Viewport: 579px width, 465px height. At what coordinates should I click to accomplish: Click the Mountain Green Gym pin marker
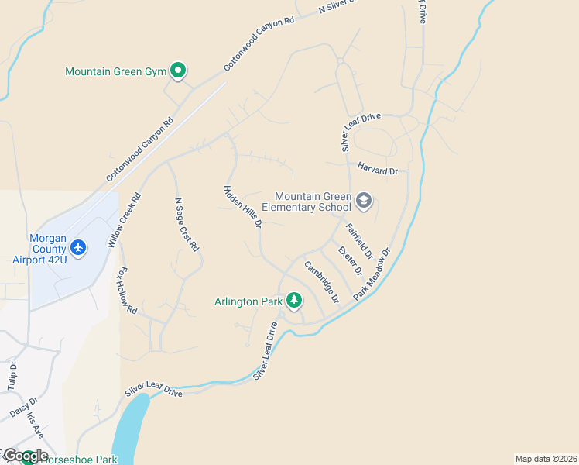pyautogui.click(x=177, y=71)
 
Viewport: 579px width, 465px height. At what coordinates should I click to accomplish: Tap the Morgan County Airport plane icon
pyautogui.click(x=77, y=247)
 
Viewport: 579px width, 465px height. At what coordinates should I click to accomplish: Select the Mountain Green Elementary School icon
pyautogui.click(x=364, y=202)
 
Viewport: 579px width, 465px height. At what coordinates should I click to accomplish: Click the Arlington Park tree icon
pyautogui.click(x=293, y=299)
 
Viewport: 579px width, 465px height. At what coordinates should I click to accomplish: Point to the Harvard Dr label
pyautogui.click(x=377, y=169)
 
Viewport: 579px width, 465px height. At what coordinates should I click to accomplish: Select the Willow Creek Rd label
pyautogui.click(x=125, y=220)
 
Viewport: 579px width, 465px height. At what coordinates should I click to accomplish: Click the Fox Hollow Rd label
pyautogui.click(x=126, y=292)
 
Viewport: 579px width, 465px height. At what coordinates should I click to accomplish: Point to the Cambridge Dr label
pyautogui.click(x=322, y=282)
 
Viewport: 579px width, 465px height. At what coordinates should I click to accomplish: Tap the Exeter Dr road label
pyautogui.click(x=350, y=261)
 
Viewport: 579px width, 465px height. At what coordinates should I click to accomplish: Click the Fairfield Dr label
pyautogui.click(x=360, y=241)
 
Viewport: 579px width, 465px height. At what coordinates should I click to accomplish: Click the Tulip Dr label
pyautogui.click(x=12, y=377)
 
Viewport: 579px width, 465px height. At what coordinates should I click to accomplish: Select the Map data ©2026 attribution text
pyautogui.click(x=545, y=459)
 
